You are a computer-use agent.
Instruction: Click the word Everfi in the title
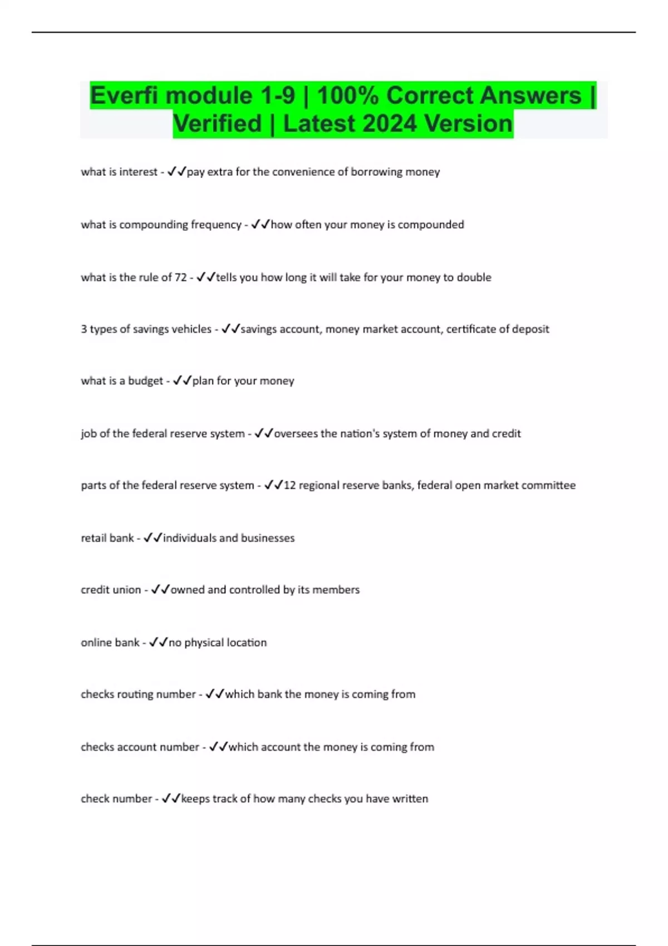[x=125, y=96]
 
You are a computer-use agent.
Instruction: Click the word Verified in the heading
[x=217, y=124]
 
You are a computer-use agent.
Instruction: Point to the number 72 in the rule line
[x=180, y=277]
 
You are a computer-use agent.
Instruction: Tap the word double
[x=474, y=277]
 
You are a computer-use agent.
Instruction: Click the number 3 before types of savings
[x=84, y=329]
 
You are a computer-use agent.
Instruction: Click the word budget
[x=145, y=381]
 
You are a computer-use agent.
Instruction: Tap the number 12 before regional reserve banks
[x=289, y=485]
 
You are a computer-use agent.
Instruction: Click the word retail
[x=92, y=538]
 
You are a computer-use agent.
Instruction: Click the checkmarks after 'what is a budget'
[x=182, y=381]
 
